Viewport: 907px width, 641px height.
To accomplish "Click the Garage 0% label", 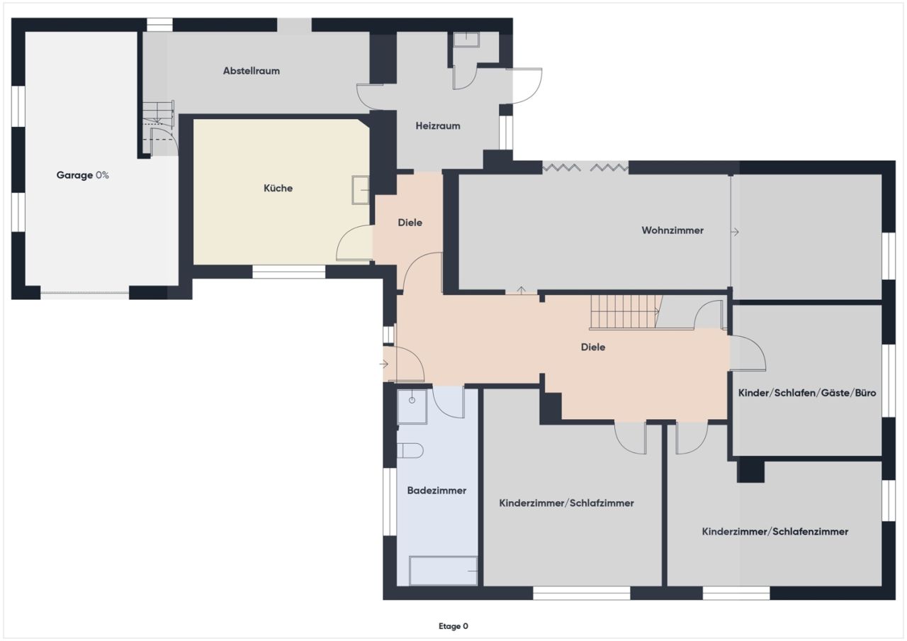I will (82, 175).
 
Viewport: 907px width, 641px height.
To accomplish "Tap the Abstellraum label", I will (251, 71).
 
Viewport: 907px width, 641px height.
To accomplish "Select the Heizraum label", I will (437, 126).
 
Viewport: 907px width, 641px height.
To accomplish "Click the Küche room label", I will (278, 189).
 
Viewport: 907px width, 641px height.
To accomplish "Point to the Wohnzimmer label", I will (672, 230).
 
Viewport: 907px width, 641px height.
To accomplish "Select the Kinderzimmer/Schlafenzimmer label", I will (774, 531).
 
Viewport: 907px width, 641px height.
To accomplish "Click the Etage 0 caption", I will (453, 626).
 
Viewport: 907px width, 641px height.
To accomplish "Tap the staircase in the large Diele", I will (624, 312).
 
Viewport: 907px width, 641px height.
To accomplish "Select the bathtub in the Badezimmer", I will (443, 571).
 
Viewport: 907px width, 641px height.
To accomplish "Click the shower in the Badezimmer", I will (412, 406).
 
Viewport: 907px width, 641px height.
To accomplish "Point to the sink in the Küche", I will (361, 190).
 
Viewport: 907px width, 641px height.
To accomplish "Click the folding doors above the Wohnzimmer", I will (585, 167).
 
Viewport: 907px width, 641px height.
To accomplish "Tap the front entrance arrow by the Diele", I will (385, 364).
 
